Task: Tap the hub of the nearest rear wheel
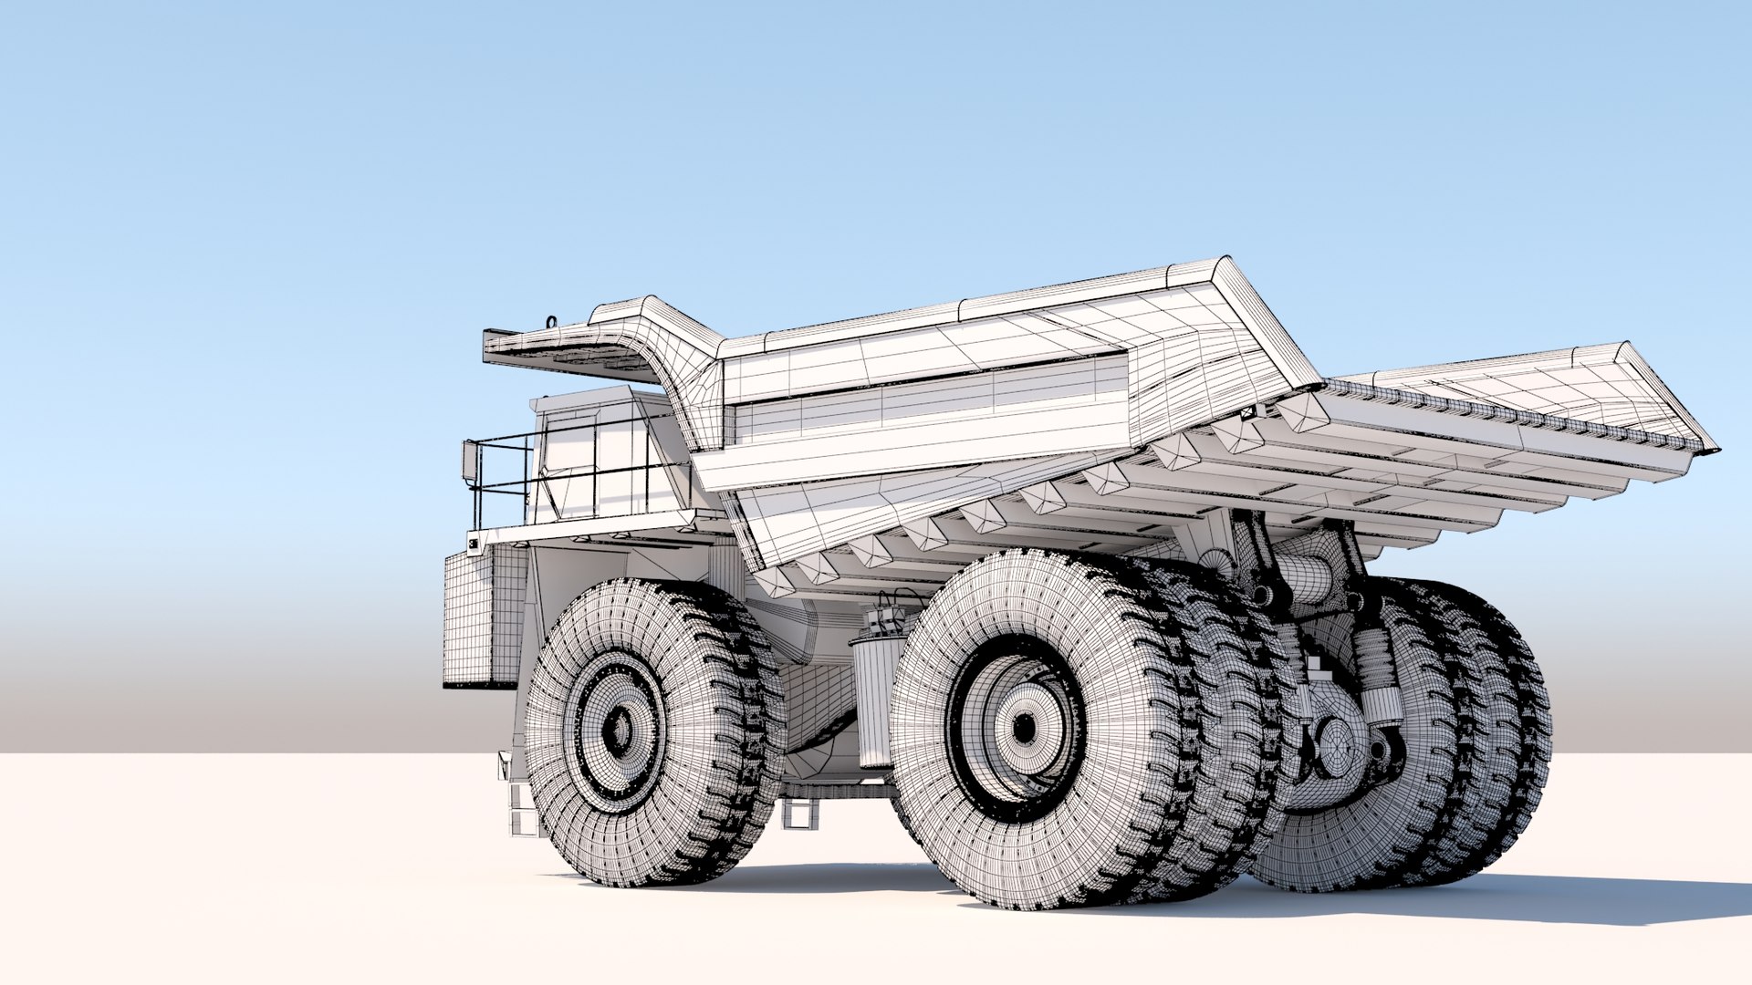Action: (x=1024, y=727)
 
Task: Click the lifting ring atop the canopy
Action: (x=551, y=320)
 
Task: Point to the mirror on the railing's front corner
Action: (x=469, y=463)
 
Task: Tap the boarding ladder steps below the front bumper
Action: (x=524, y=807)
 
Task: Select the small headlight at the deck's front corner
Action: (x=473, y=544)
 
